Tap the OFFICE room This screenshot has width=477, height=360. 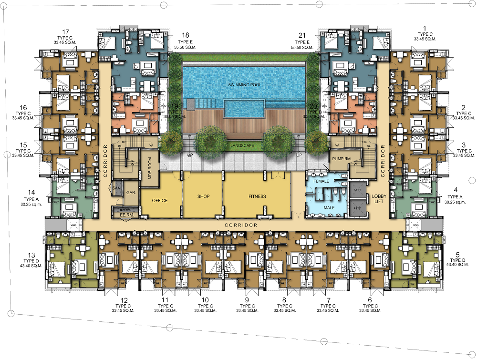pos(159,200)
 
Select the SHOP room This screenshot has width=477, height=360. pos(204,196)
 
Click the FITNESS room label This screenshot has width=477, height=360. pos(257,196)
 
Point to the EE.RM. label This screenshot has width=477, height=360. pos(125,215)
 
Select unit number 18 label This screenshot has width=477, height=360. pos(186,35)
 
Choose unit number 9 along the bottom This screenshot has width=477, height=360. pos(247,300)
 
